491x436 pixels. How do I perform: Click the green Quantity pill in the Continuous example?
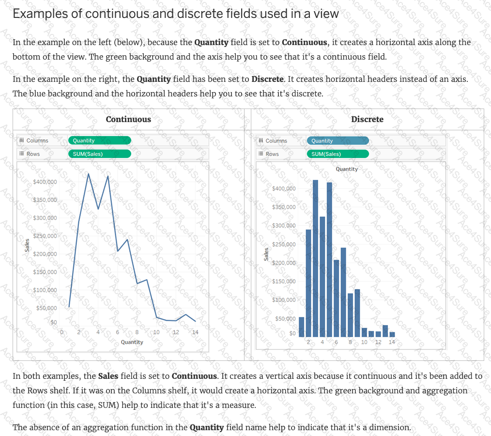[99, 140]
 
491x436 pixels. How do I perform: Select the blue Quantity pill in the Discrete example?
[338, 140]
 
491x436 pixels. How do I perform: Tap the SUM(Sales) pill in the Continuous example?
[99, 154]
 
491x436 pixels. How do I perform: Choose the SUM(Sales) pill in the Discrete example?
[338, 154]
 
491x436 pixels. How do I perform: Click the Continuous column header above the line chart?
[128, 119]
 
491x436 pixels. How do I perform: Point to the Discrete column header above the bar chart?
[367, 119]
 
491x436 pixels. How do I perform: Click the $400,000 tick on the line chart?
[45, 182]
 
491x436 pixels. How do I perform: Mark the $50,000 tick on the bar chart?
[285, 319]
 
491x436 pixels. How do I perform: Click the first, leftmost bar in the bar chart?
[301, 327]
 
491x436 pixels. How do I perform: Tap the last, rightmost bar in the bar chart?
[392, 334]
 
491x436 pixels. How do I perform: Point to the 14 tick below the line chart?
[195, 332]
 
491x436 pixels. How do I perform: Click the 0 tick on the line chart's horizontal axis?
[61, 332]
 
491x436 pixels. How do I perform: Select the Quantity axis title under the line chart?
[132, 342]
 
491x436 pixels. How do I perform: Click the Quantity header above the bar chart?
[347, 169]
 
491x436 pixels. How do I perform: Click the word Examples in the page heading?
[40, 14]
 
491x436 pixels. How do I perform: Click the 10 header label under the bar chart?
[364, 342]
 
